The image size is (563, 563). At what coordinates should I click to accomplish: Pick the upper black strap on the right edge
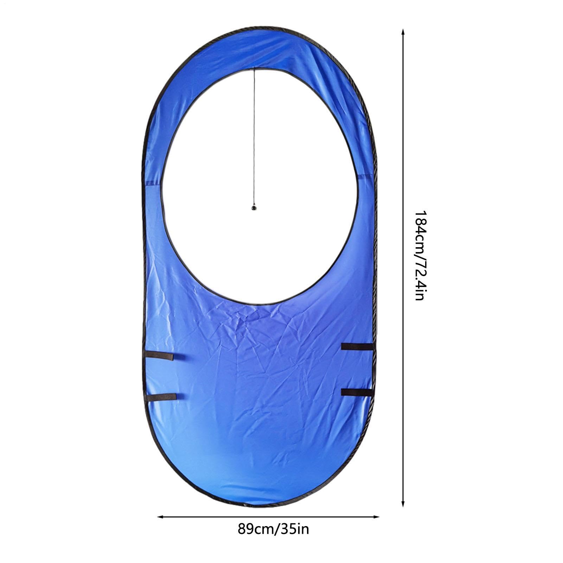point(357,347)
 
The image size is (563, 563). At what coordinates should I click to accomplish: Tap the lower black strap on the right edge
point(357,392)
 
